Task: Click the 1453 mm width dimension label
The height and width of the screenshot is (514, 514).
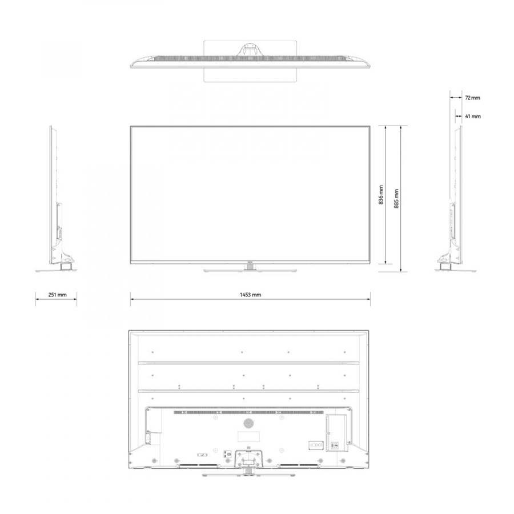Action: (x=251, y=295)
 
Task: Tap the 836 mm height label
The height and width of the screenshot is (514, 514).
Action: (x=381, y=195)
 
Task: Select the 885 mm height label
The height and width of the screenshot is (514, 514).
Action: (x=396, y=199)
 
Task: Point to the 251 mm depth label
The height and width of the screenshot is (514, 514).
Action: (x=57, y=295)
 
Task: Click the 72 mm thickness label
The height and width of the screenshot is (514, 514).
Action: (x=472, y=98)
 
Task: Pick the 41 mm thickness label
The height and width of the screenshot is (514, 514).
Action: (x=473, y=117)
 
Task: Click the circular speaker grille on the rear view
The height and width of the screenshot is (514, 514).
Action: (x=248, y=424)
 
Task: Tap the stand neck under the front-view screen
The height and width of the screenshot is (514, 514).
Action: (x=250, y=267)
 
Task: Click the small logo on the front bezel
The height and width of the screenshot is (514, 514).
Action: (x=250, y=262)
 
